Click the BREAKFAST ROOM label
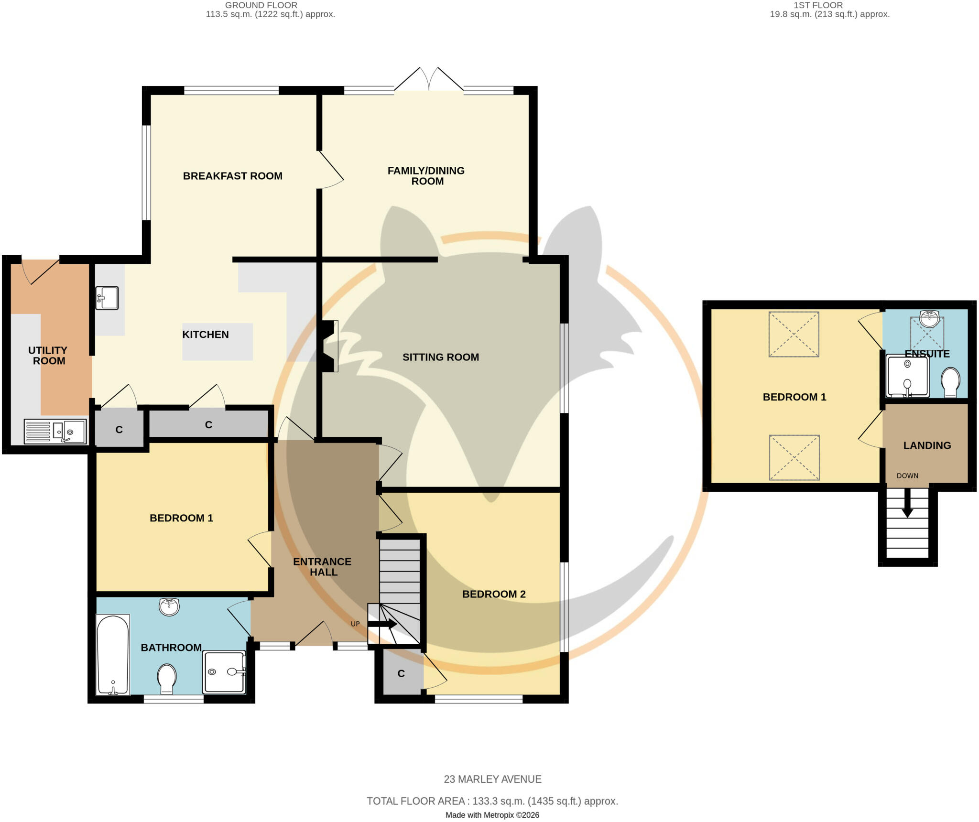coord(232,176)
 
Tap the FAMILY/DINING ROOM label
coord(426,176)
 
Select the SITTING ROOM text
coord(440,357)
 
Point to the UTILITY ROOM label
coord(48,356)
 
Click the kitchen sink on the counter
coord(107,298)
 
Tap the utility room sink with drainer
coord(55,431)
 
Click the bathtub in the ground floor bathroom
coord(113,655)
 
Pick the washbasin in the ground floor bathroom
coord(169,606)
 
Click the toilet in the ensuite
coord(950,382)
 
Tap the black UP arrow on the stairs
coord(382,624)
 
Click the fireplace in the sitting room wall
coord(330,346)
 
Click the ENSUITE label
coord(927,354)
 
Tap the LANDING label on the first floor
coord(927,445)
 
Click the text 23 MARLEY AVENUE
coord(492,779)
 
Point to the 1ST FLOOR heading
coord(818,5)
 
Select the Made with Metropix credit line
coord(492,815)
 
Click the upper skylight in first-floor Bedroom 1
coord(794,334)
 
